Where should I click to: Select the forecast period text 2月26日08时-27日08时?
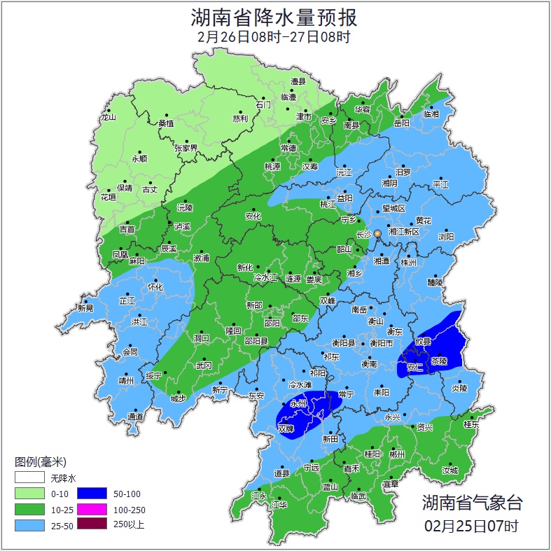274,37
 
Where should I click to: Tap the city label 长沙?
363,235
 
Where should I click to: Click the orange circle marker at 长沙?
377,233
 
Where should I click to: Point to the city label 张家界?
186,148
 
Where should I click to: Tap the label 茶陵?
439,362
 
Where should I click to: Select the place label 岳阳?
401,123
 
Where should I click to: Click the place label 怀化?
155,287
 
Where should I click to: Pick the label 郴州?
397,454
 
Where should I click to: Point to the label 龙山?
108,118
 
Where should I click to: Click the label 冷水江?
265,278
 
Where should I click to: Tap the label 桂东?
472,424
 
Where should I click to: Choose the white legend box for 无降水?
29,479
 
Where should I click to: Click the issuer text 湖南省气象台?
471,503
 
